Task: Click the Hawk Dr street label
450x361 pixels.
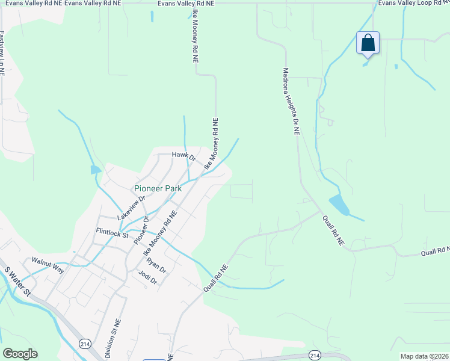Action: [183, 156]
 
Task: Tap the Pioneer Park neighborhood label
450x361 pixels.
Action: [158, 188]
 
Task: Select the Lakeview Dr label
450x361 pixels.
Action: [132, 207]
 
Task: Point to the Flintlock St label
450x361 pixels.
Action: [112, 232]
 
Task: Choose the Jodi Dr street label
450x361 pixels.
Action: [147, 277]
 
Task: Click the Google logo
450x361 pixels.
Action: [20, 354]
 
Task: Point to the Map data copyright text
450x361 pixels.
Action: [425, 356]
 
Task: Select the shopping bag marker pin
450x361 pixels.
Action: [368, 43]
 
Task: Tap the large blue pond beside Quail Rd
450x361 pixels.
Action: [338, 206]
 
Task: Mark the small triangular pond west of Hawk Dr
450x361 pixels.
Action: [95, 170]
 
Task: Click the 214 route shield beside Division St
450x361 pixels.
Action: [84, 343]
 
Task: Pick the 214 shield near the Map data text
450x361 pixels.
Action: [314, 355]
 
